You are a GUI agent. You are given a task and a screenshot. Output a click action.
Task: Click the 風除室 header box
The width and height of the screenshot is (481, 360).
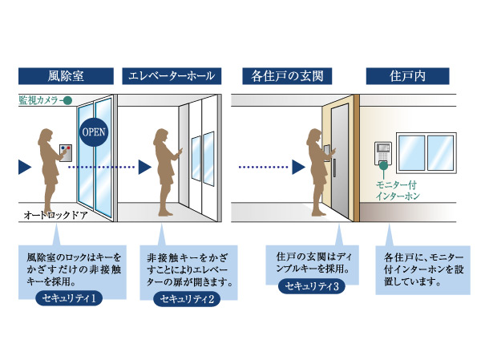point(61,77)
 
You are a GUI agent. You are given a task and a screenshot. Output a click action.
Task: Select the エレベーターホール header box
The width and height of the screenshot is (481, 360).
point(170,77)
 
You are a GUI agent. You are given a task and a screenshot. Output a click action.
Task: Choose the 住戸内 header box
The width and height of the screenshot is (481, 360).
point(406,77)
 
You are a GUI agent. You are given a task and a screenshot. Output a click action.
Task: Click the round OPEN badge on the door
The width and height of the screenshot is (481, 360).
point(92,131)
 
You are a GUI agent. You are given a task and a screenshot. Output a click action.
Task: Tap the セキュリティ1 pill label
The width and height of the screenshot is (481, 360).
point(71,298)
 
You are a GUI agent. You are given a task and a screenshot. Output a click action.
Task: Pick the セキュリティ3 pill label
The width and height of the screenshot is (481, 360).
point(313,286)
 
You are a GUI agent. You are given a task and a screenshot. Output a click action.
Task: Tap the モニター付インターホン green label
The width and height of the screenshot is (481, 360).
point(398,189)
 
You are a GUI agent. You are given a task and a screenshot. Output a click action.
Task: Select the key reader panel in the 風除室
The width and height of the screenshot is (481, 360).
point(63,153)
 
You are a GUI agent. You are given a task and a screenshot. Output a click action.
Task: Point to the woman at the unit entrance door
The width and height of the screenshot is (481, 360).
point(313,169)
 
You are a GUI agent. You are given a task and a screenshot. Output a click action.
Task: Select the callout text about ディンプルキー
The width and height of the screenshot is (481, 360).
point(311,265)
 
